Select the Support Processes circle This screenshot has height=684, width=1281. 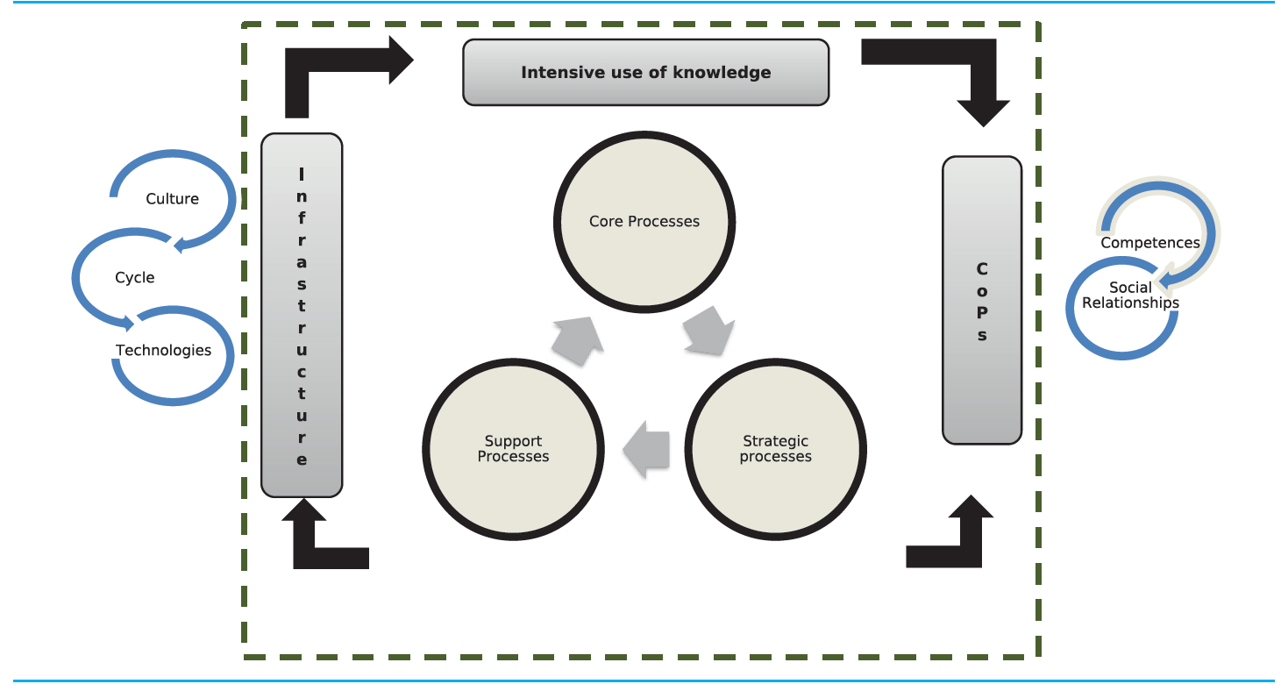513,448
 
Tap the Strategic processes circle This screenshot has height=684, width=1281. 775,448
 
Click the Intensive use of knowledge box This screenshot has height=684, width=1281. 645,72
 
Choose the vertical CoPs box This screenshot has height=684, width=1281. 982,299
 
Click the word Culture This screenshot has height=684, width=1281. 173,199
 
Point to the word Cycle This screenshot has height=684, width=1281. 134,277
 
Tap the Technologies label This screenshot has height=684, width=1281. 164,350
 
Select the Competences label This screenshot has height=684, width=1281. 1150,243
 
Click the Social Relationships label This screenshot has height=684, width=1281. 1130,296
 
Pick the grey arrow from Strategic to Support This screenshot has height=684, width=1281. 645,449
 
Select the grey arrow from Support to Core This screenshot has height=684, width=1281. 580,340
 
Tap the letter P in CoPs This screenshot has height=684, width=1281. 982,313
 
